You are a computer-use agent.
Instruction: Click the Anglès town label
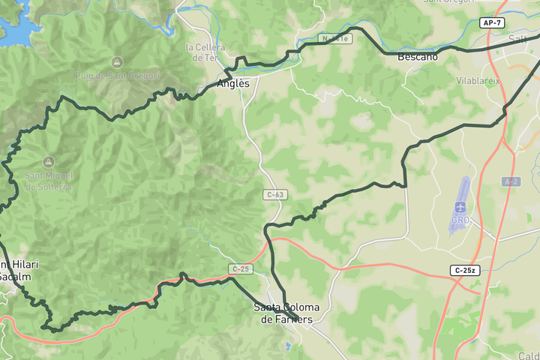click(232, 84)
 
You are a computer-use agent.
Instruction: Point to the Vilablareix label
click(478, 79)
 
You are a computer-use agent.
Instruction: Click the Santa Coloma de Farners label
click(286, 313)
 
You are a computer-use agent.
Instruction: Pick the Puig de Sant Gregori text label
click(117, 76)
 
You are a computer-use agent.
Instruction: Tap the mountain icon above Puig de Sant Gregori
click(117, 61)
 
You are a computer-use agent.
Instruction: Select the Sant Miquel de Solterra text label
click(48, 181)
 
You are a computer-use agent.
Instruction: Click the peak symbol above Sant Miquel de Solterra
click(48, 162)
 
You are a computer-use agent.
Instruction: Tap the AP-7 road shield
click(492, 23)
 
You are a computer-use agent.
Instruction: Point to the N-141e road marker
click(334, 38)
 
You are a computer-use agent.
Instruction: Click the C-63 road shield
click(275, 194)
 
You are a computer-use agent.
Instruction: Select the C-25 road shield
click(240, 268)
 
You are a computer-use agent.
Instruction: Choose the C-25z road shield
click(465, 270)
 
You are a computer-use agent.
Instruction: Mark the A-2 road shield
click(511, 181)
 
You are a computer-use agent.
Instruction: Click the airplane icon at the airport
click(460, 206)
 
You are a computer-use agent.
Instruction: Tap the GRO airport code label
click(460, 220)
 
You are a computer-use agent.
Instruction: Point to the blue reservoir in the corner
click(15, 26)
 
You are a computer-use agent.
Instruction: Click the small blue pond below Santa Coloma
click(286, 346)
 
